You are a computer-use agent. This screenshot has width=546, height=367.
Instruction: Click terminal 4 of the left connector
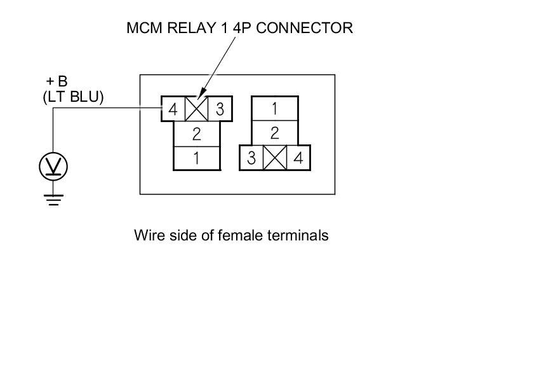pyautogui.click(x=173, y=109)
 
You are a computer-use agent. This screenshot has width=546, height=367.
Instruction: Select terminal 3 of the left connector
pyautogui.click(x=220, y=109)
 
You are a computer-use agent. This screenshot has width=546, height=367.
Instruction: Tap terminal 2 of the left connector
pyautogui.click(x=197, y=134)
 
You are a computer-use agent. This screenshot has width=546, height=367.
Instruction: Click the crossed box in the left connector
pyautogui.click(x=196, y=109)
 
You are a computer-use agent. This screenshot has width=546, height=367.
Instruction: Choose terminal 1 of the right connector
pyautogui.click(x=274, y=109)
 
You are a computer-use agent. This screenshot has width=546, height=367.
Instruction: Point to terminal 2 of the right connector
pyautogui.click(x=274, y=133)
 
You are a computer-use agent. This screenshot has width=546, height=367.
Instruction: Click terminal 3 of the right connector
pyautogui.click(x=251, y=158)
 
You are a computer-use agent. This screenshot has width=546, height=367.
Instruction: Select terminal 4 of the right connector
pyautogui.click(x=298, y=158)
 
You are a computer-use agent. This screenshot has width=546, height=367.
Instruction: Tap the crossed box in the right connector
pyautogui.click(x=275, y=158)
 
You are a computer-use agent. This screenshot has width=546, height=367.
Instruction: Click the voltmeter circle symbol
pyautogui.click(x=53, y=167)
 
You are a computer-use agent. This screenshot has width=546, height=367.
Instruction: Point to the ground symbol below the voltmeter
pyautogui.click(x=53, y=198)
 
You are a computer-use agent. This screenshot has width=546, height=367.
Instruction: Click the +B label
pyautogui.click(x=57, y=82)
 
